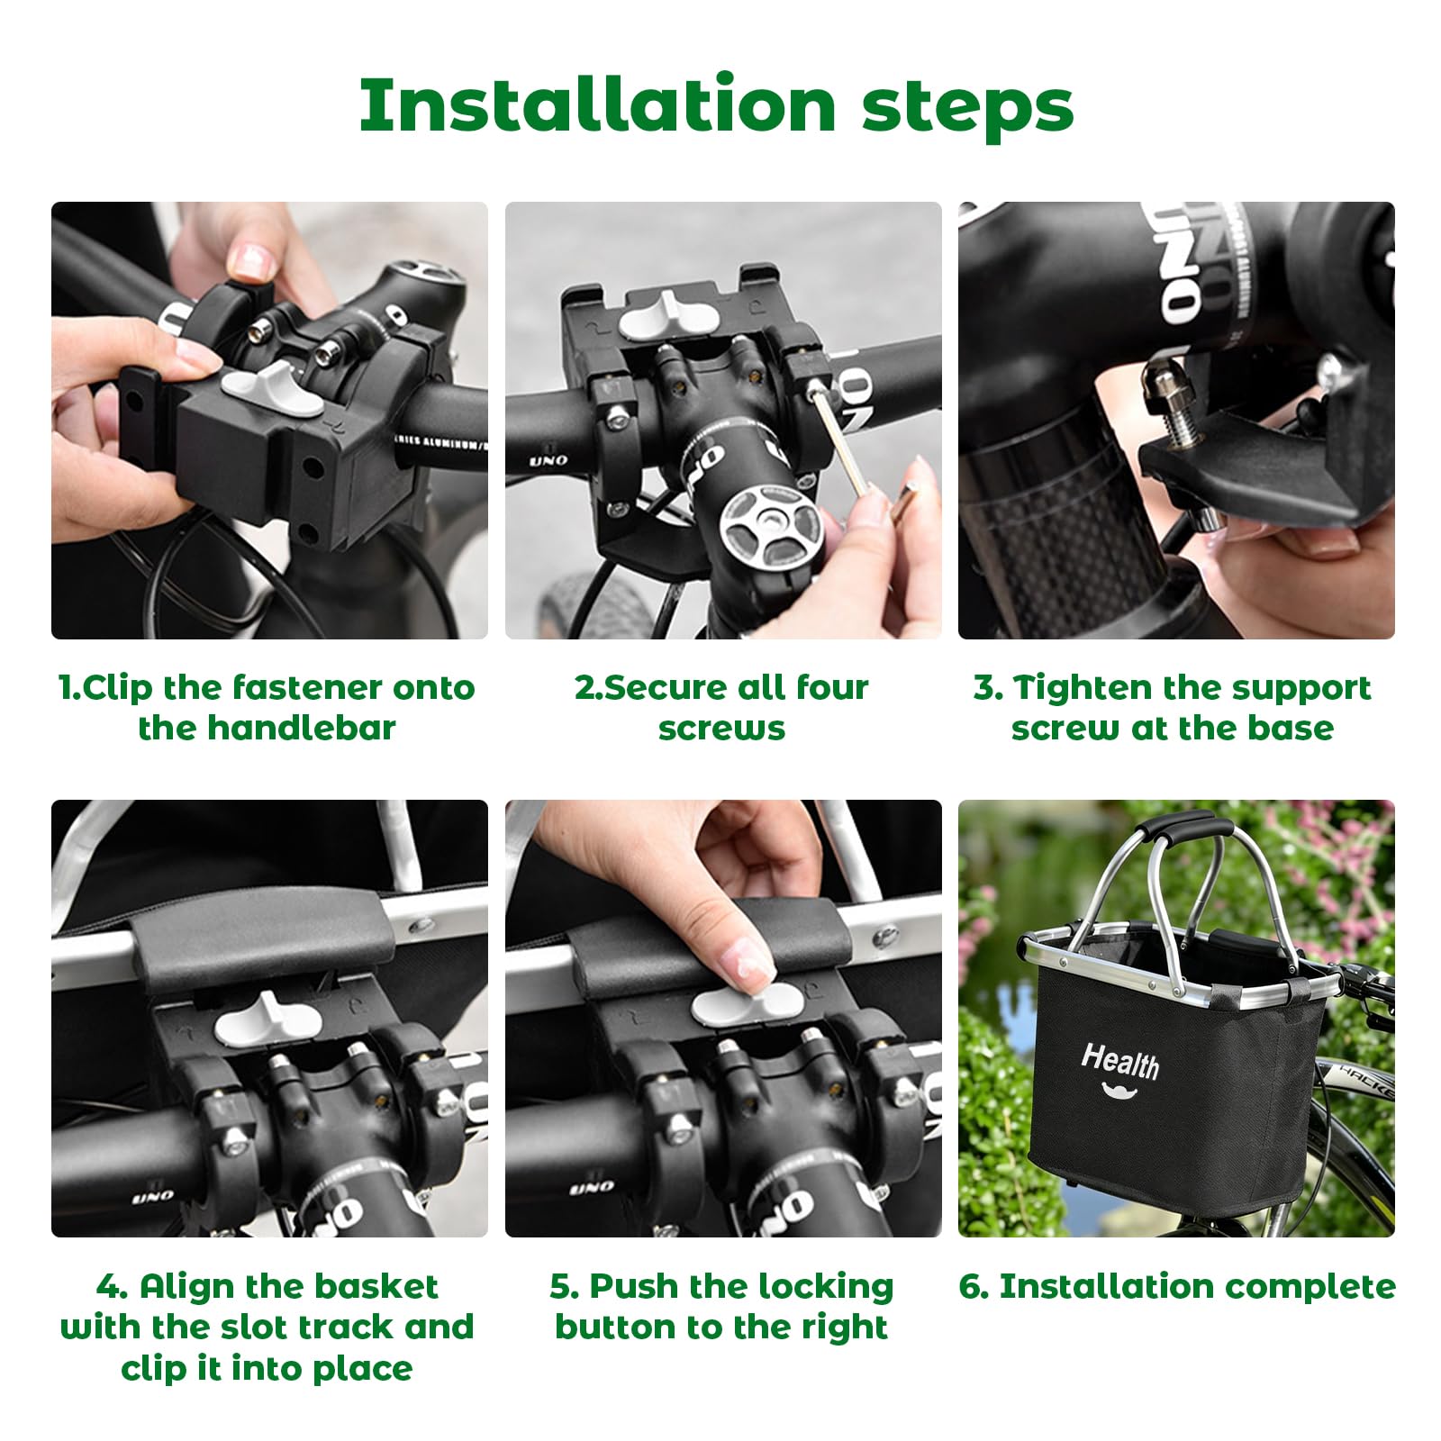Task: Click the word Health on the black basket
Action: pyautogui.click(x=1120, y=1060)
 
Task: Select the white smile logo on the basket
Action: pyautogui.click(x=1119, y=1092)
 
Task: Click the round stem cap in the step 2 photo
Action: pyautogui.click(x=770, y=525)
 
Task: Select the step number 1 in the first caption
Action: pyautogui.click(x=65, y=688)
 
